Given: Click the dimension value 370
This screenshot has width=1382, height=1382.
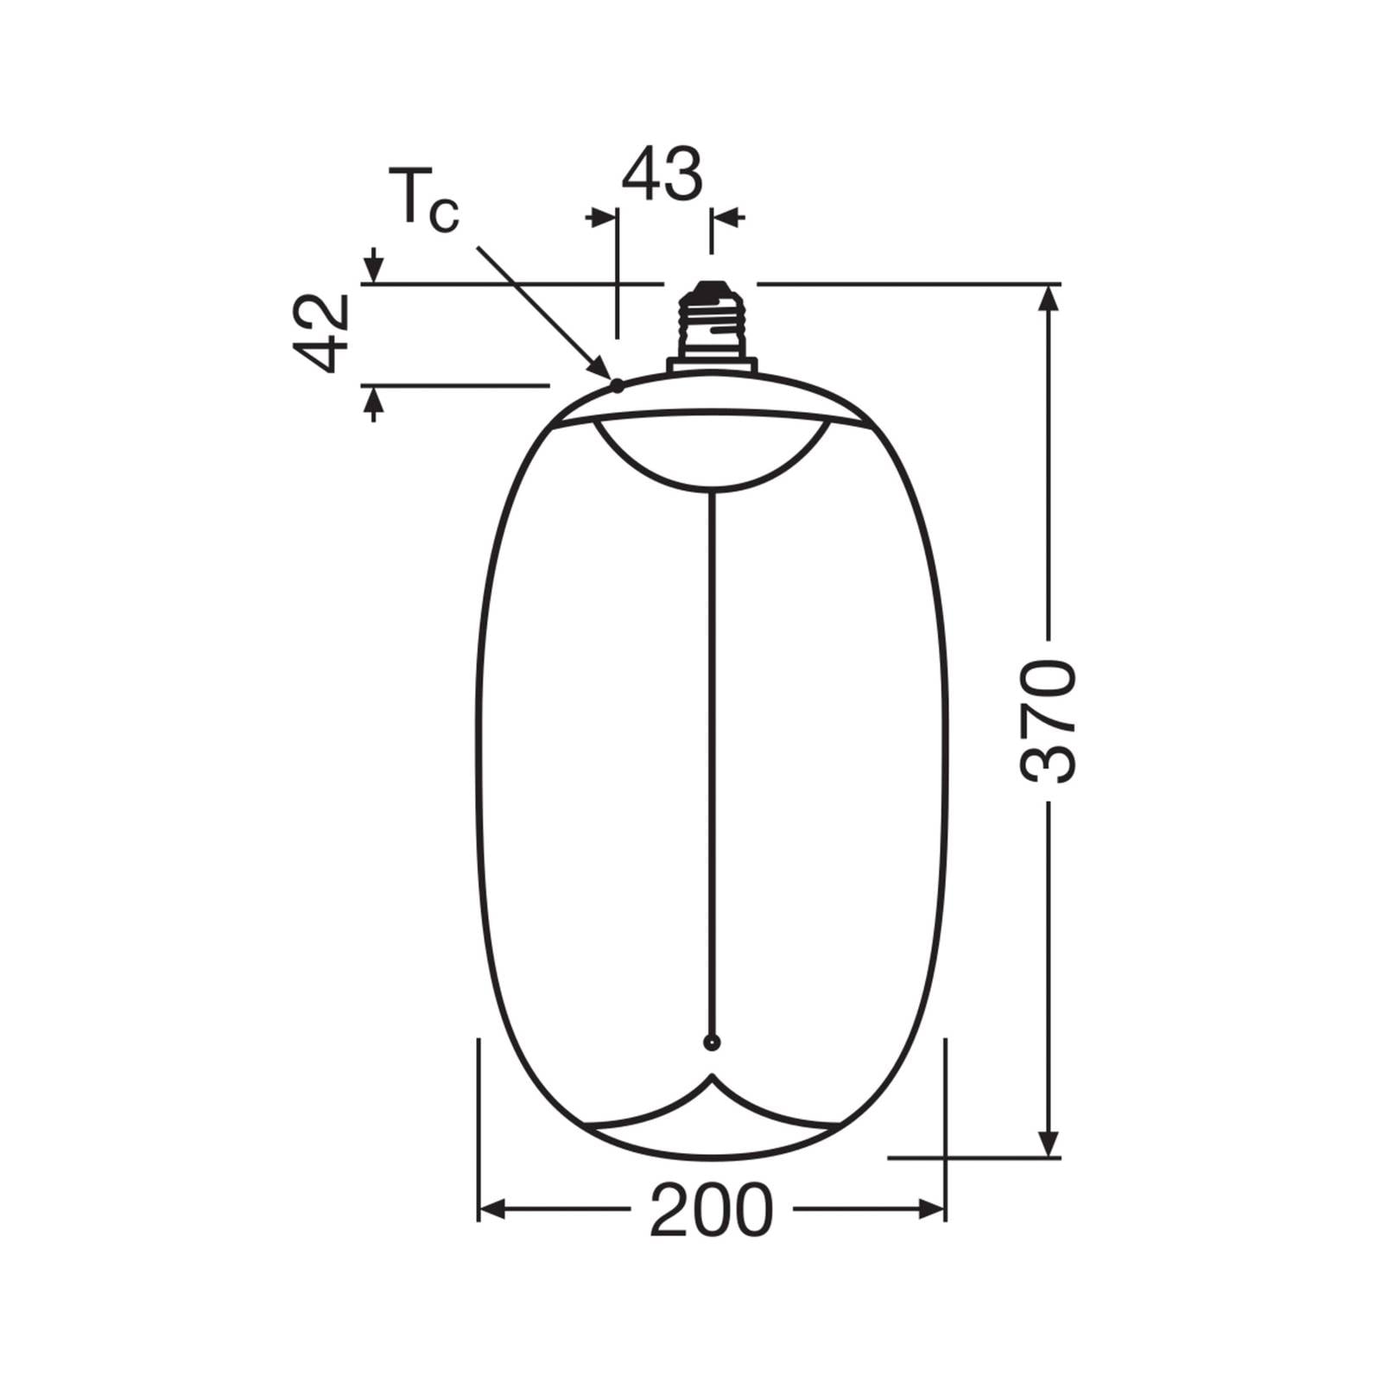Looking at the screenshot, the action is coord(1049,722).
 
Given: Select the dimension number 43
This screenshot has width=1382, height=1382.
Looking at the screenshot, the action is coord(662,174).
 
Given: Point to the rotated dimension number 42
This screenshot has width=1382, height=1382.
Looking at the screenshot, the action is coord(320,333).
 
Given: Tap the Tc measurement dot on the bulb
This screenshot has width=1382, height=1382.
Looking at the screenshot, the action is coord(617,385).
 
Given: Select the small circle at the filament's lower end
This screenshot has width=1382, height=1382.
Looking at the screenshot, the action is coord(711,1043).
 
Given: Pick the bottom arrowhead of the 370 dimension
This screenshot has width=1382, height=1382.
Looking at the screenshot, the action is coord(1049,1141).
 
